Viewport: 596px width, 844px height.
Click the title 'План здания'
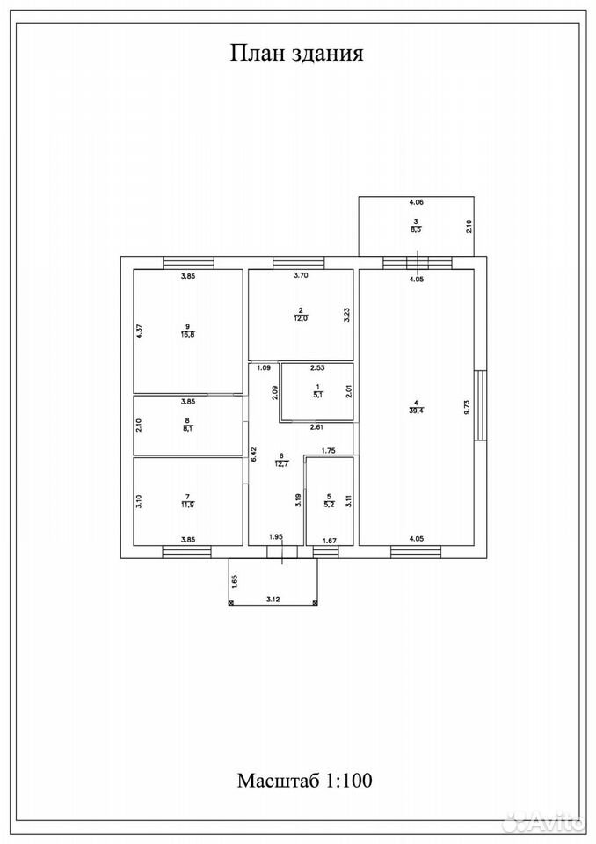(x=296, y=54)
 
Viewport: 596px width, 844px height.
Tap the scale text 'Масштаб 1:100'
(x=305, y=780)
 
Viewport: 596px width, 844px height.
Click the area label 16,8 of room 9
(x=188, y=334)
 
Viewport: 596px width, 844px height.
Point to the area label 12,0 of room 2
(x=301, y=318)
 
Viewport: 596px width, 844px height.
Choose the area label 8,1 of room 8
(x=187, y=429)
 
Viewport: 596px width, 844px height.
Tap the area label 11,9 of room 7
(x=187, y=505)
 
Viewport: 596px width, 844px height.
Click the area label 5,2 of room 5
(x=330, y=506)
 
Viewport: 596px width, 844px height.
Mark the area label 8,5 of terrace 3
(x=416, y=229)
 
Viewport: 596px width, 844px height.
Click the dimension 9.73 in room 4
(x=467, y=406)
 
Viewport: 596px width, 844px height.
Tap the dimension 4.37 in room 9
(x=138, y=330)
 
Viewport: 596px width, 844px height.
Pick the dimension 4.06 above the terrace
(x=417, y=202)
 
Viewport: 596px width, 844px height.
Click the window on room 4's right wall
(x=480, y=405)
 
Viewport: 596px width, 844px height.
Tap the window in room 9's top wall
(x=188, y=263)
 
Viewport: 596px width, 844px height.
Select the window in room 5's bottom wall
(x=326, y=551)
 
